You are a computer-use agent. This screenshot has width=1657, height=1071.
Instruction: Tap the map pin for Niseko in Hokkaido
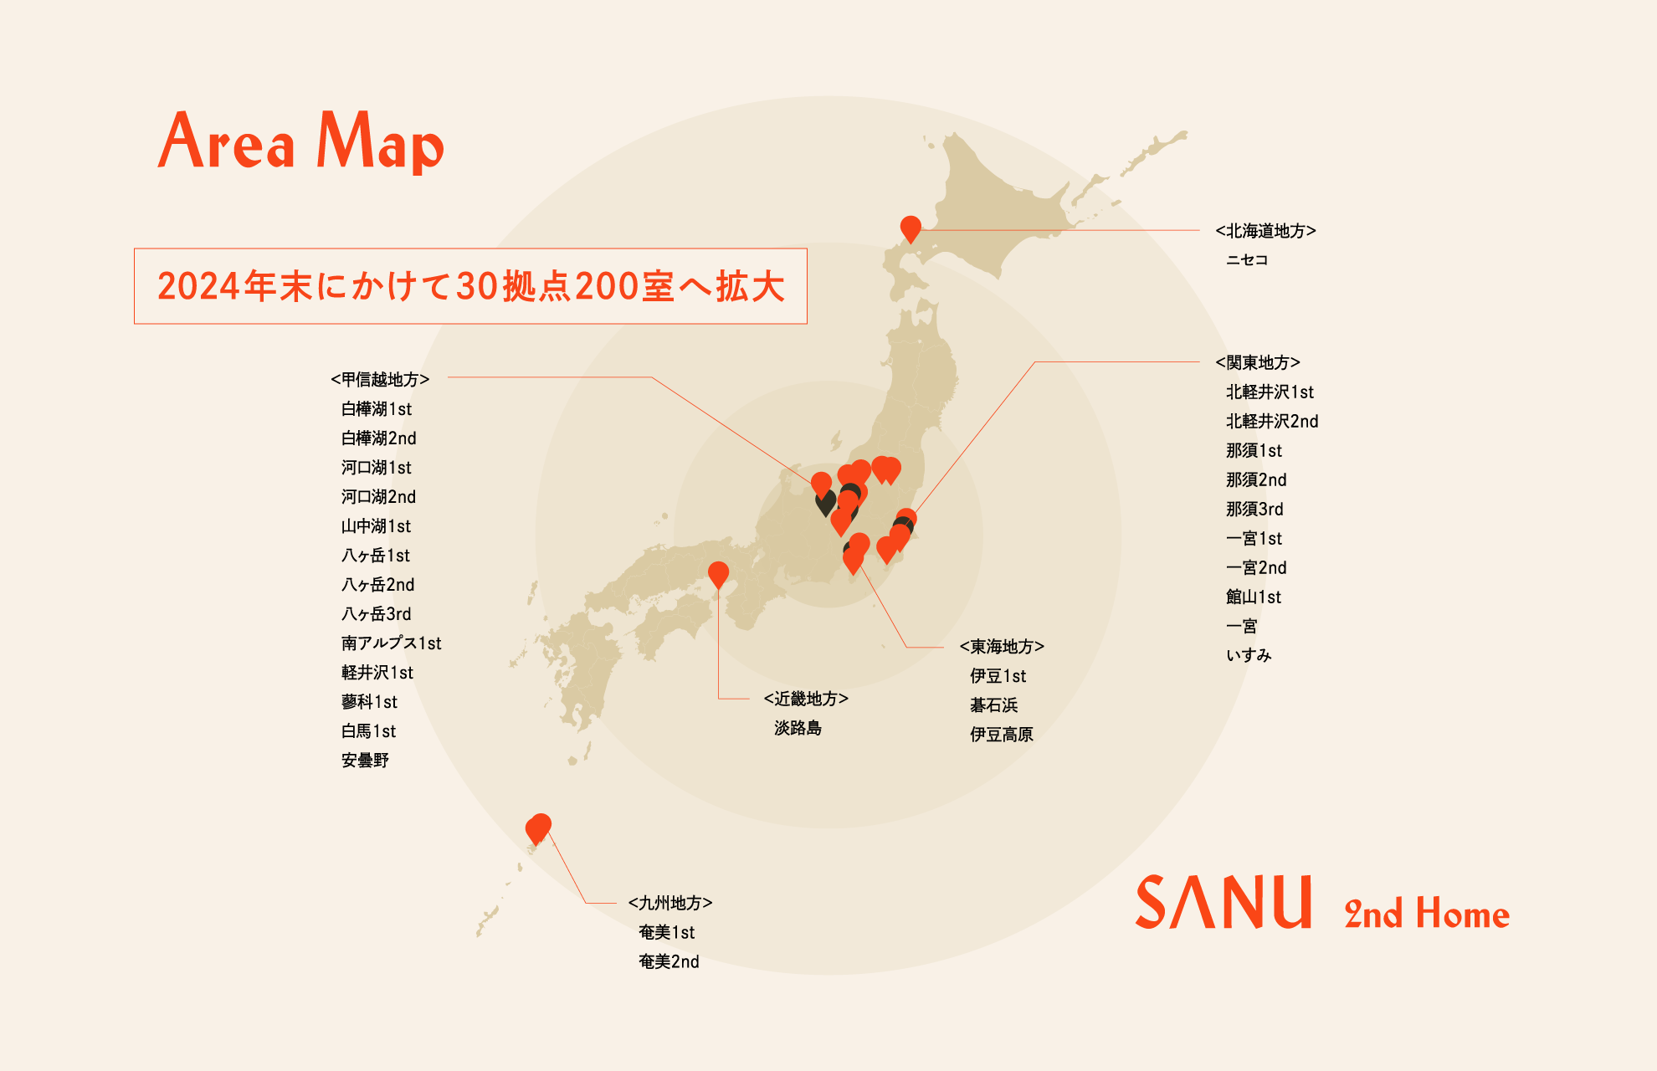(911, 228)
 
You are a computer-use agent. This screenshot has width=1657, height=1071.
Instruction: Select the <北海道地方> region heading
(1265, 231)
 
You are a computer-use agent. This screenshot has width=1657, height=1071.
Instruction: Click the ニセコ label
(1247, 260)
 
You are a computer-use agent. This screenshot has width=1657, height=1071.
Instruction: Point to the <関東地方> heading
(1258, 362)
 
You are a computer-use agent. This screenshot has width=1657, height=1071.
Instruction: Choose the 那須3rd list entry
(1254, 509)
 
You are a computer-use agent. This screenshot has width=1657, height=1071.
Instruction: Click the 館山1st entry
(1254, 597)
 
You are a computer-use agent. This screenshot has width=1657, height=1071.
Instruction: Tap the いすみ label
(1249, 655)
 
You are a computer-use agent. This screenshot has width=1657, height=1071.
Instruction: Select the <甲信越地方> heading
(380, 379)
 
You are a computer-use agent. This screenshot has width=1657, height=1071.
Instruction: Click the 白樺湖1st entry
(377, 409)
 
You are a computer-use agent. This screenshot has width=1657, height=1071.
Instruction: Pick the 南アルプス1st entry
(391, 643)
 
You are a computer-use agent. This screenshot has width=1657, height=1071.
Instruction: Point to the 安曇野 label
(365, 761)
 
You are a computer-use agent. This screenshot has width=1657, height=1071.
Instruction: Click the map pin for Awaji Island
(718, 574)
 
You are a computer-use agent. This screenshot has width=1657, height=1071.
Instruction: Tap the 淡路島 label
(798, 728)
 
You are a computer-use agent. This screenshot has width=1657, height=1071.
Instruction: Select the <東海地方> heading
(1002, 647)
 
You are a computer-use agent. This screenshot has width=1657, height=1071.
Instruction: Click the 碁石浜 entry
(993, 705)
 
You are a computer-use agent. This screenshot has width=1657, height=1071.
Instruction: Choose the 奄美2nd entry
(669, 961)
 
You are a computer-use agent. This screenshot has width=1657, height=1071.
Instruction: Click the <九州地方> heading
(670, 903)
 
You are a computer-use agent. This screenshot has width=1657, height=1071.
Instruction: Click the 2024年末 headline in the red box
(470, 286)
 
